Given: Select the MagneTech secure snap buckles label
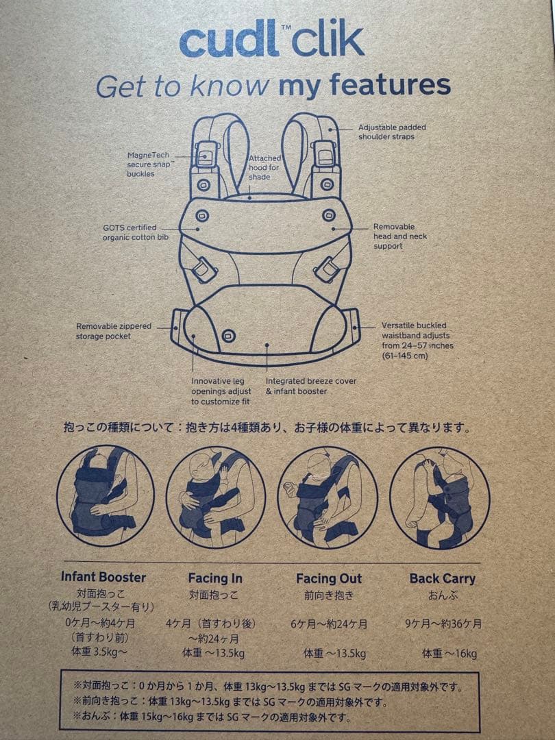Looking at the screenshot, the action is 149,164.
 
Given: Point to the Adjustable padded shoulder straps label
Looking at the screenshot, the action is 392,132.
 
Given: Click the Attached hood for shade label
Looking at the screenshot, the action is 264,168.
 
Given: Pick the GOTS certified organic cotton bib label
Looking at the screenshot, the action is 136,232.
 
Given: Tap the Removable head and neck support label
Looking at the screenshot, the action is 399,236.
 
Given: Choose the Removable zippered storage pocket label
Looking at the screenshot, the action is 114,331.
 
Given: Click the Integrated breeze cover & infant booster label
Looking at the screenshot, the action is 311,386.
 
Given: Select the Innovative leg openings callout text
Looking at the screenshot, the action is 221,391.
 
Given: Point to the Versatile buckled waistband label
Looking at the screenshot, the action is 417,341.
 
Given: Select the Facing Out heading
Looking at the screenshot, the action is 328,578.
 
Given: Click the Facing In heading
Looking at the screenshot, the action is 215,578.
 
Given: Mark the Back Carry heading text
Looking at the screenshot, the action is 442,579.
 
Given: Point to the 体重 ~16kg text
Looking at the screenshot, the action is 449,654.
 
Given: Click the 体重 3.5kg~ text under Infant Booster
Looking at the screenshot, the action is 99,652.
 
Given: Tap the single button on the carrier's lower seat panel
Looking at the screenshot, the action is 228,336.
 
